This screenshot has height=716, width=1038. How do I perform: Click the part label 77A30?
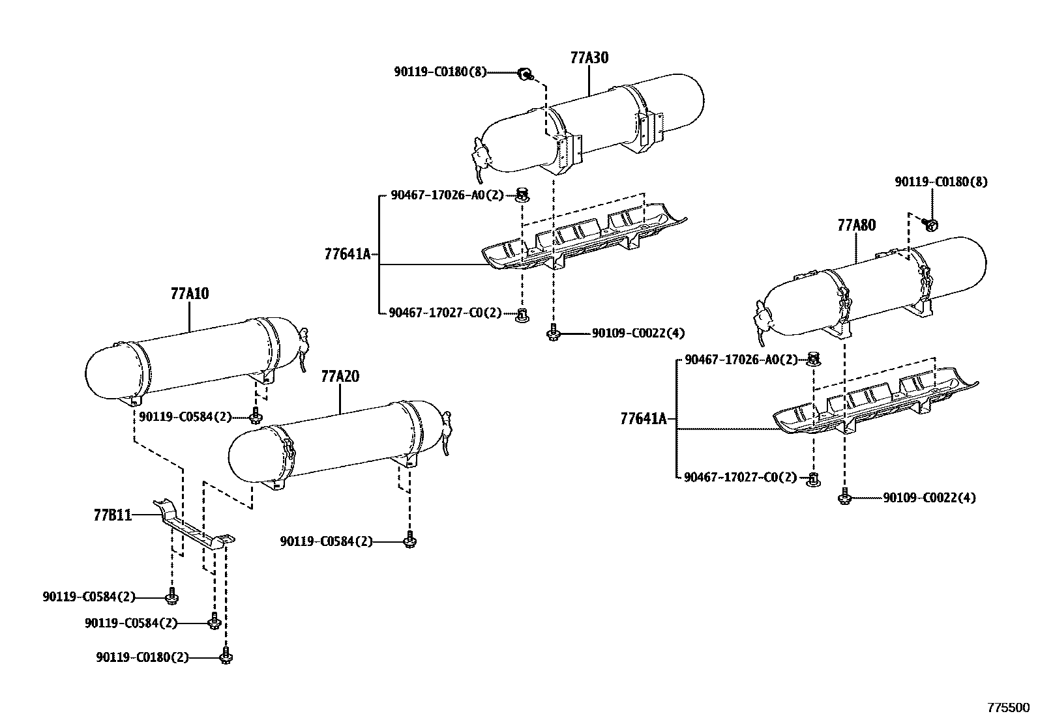pyautogui.click(x=589, y=58)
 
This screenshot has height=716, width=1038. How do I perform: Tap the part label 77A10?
pyautogui.click(x=189, y=294)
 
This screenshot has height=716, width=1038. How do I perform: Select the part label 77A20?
pyautogui.click(x=340, y=377)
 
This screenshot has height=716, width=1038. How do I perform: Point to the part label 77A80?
pyautogui.click(x=856, y=225)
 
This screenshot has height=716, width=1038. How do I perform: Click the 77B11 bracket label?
pyautogui.click(x=112, y=515)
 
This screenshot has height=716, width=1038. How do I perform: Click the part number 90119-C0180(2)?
pyautogui.click(x=141, y=658)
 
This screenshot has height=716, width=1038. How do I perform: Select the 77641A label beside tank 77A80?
pyautogui.click(x=644, y=419)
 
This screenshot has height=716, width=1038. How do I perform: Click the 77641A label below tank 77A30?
pyautogui.click(x=347, y=254)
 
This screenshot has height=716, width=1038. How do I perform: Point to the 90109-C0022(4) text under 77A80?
pyautogui.click(x=929, y=498)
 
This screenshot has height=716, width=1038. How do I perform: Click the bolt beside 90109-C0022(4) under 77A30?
pyautogui.click(x=554, y=334)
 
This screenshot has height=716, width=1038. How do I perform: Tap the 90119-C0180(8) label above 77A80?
pyautogui.click(x=940, y=182)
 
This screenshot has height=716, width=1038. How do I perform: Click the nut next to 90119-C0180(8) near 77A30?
pyautogui.click(x=524, y=74)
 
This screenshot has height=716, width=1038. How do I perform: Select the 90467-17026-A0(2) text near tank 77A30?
pyautogui.click(x=447, y=195)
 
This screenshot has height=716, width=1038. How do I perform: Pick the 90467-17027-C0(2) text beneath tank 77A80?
pyautogui.click(x=740, y=478)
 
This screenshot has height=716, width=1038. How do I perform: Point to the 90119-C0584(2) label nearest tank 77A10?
pyautogui.click(x=185, y=417)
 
